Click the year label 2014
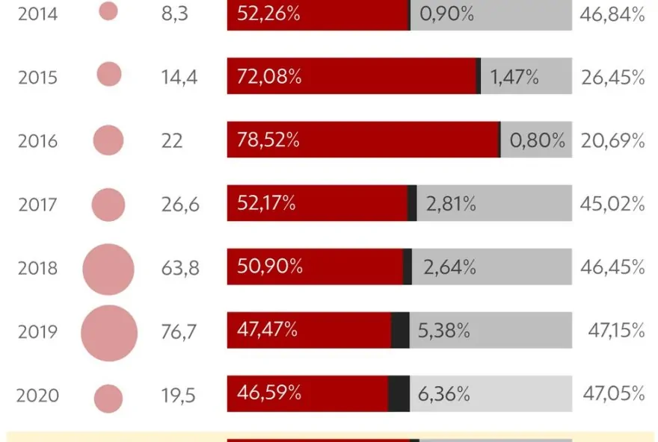(37, 13)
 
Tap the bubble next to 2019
(109, 333)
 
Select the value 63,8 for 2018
(180, 268)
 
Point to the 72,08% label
(269, 77)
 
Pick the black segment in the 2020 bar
(399, 393)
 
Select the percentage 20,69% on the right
(612, 140)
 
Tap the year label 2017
(37, 204)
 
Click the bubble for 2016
(108, 140)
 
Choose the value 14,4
(179, 77)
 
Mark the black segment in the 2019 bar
(400, 330)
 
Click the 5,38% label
(444, 330)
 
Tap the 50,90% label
(269, 267)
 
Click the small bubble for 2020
(109, 399)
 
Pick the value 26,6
(180, 204)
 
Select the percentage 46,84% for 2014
(612, 13)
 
